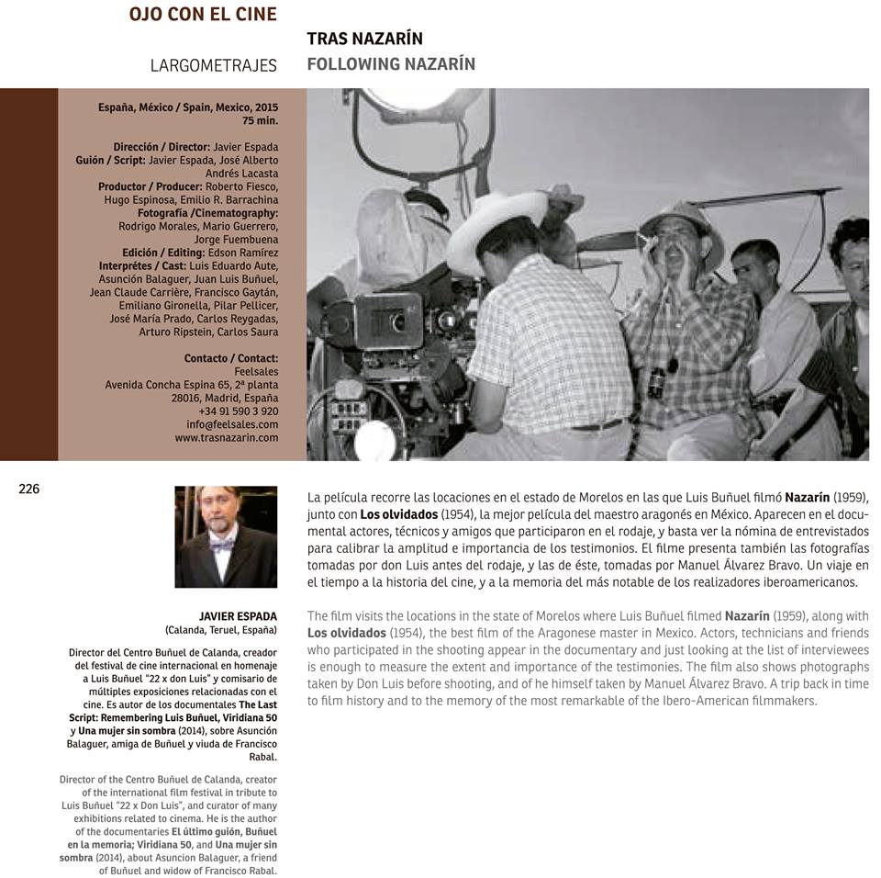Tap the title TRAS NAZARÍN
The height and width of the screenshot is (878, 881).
(364, 39)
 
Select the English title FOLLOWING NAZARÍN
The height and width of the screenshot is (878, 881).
(391, 64)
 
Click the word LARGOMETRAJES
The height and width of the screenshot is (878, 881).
(213, 65)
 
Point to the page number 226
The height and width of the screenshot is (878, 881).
(29, 490)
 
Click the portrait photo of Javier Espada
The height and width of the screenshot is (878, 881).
(226, 536)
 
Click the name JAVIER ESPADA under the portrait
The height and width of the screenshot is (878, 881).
(238, 615)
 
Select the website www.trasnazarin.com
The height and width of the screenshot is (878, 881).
(227, 438)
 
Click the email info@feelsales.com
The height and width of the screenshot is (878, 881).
(232, 424)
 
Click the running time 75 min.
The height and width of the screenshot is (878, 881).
(260, 120)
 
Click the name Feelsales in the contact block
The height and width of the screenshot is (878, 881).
(256, 371)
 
